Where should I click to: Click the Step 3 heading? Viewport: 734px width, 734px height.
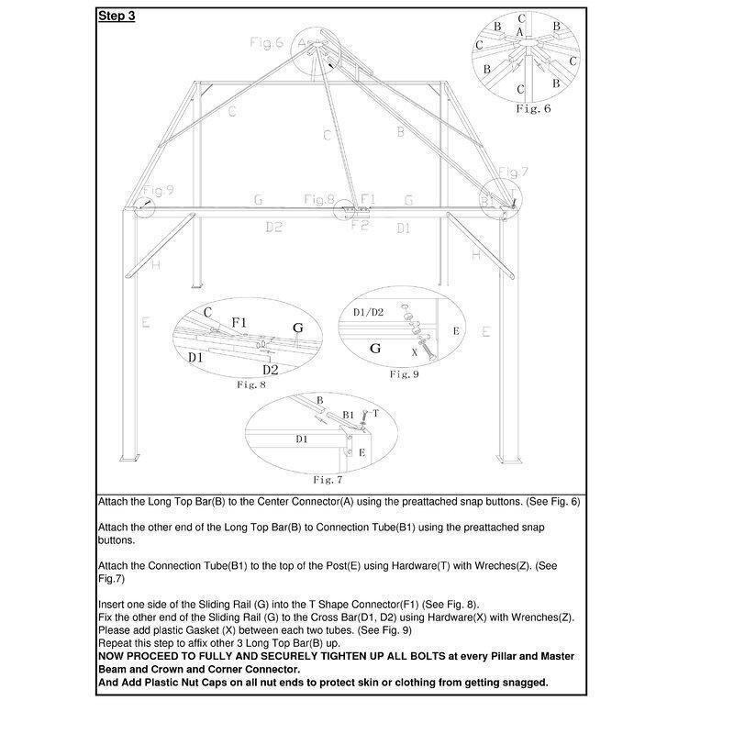tap(117, 16)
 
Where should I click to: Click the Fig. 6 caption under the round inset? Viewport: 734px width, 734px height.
tap(533, 108)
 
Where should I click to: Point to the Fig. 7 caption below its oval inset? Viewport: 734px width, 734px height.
tap(328, 479)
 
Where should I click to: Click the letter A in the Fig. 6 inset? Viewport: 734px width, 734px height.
tap(520, 32)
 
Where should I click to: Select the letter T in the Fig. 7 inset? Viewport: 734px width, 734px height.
tap(376, 414)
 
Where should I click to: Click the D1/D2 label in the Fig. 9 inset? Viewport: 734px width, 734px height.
tap(371, 313)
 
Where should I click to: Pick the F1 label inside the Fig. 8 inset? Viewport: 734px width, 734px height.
tap(239, 323)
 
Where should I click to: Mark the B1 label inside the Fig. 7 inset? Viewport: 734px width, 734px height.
tap(349, 415)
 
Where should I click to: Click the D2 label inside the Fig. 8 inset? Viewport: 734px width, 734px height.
tap(270, 369)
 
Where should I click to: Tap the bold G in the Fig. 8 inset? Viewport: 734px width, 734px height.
tap(296, 328)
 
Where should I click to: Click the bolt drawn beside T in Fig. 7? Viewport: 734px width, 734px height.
tap(366, 421)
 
